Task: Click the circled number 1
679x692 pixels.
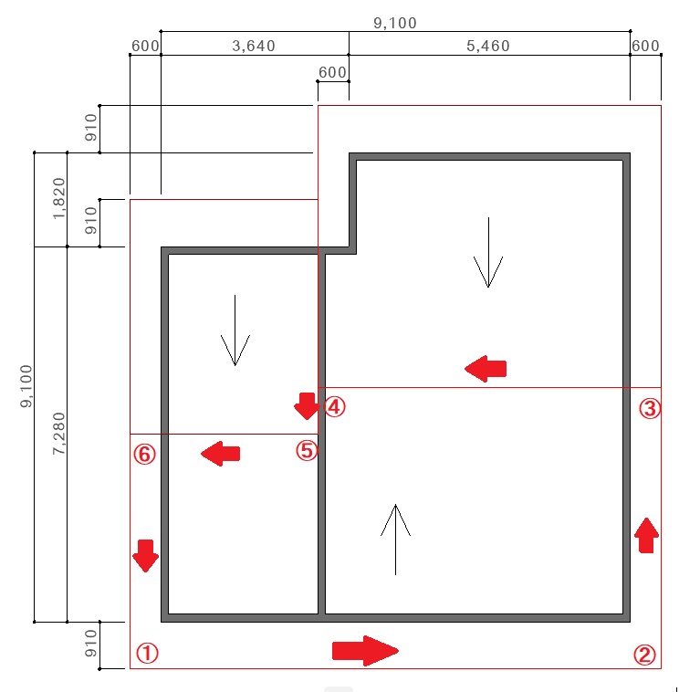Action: [147, 653]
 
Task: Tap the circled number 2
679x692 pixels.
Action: [644, 655]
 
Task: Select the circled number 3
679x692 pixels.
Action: [650, 408]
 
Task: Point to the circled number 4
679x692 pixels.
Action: [335, 406]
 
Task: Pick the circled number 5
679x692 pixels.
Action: [307, 451]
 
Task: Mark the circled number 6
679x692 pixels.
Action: [145, 454]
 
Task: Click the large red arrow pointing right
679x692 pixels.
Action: [365, 651]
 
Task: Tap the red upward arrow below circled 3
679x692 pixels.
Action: [646, 535]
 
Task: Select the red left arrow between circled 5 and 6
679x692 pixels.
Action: [220, 454]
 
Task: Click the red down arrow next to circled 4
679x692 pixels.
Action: [307, 406]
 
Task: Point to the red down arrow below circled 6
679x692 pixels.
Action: [146, 556]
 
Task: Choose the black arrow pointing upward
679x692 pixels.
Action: [396, 540]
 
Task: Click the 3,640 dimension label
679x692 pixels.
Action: [254, 46]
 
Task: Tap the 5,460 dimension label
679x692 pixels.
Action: [488, 46]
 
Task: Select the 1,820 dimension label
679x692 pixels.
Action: [59, 198]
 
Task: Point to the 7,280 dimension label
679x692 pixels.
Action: [59, 434]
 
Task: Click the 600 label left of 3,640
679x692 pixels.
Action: [145, 46]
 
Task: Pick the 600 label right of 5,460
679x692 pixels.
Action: [645, 46]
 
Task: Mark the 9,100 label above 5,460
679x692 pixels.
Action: [395, 23]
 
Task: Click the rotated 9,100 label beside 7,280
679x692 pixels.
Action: [26, 386]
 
